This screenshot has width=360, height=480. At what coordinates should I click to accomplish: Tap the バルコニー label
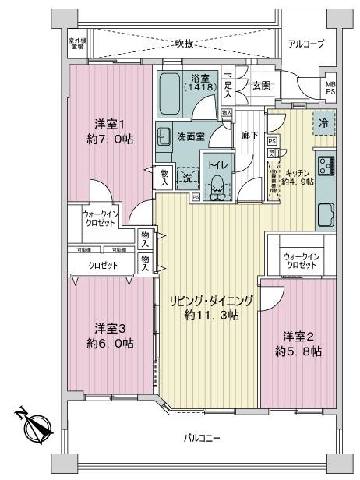tap(202, 438)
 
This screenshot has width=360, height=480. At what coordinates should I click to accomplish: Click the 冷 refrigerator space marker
tap(323, 122)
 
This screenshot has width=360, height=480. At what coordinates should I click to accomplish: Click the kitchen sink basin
tap(325, 211)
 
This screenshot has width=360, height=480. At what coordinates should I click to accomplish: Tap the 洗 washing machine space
tap(187, 177)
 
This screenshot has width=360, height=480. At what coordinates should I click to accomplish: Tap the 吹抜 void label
tap(184, 43)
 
